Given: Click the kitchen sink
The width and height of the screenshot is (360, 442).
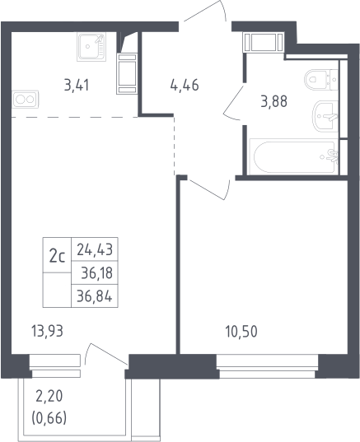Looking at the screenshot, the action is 91,47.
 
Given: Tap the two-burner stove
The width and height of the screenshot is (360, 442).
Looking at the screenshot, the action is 25,99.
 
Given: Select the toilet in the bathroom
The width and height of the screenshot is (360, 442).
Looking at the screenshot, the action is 321,80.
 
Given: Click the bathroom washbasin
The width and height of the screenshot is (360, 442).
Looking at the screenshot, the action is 325,116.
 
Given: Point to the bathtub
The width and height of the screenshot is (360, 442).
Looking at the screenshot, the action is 294,156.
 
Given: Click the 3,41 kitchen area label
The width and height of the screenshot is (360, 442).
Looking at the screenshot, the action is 77,85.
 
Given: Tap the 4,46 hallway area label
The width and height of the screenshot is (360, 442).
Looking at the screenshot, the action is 185,85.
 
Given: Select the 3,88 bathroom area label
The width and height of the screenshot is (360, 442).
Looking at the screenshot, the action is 274,101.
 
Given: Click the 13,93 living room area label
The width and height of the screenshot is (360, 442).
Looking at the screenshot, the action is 48,331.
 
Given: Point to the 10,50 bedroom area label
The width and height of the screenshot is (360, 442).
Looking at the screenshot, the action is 241,332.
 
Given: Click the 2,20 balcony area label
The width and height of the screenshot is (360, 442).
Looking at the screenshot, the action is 49,397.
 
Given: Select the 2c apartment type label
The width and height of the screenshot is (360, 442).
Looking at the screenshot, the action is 58,257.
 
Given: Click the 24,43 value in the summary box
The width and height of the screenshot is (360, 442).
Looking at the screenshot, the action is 95,249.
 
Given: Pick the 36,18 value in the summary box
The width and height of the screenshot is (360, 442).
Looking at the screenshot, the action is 96,273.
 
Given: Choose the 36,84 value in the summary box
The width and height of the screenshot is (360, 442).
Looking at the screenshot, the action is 95,296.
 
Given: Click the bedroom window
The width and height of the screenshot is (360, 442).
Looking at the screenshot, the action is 267,366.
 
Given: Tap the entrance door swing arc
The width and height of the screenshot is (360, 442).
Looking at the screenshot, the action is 223,8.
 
